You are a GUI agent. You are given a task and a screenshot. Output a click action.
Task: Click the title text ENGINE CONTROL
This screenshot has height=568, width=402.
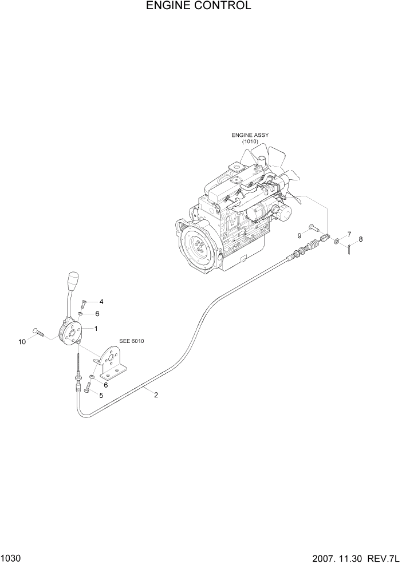(198, 6)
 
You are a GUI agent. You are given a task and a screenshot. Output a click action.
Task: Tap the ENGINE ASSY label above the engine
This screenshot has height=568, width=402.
(250, 135)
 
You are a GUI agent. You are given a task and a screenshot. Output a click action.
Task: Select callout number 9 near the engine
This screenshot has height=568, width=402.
(299, 236)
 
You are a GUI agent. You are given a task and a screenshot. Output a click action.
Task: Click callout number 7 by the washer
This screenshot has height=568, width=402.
(349, 234)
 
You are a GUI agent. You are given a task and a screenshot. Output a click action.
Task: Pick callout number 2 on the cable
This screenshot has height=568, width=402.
(156, 394)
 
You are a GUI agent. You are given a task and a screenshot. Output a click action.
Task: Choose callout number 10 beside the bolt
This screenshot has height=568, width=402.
(22, 342)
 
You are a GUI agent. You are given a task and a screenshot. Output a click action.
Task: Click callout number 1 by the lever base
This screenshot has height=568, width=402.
(96, 329)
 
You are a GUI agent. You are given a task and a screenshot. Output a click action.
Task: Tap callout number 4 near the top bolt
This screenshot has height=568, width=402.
(101, 302)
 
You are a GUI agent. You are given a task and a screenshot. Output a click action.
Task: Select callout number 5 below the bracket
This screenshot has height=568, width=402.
(101, 395)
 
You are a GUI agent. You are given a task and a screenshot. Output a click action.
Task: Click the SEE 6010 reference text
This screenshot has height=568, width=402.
(132, 342)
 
